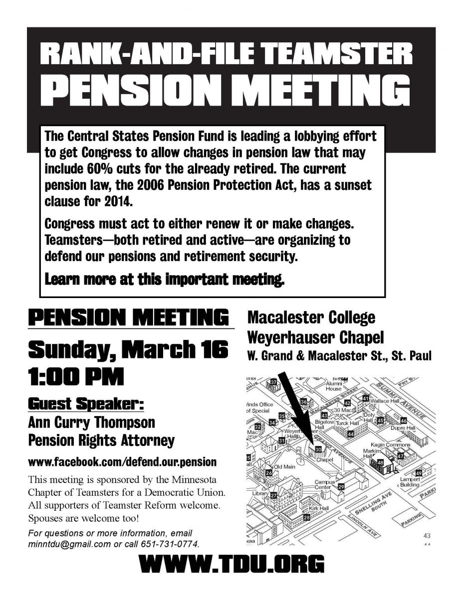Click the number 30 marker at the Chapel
pos(318,449)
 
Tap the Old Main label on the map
pos(285,467)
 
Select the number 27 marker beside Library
pos(273,495)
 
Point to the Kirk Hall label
pos(319,508)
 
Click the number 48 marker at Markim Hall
pos(380,463)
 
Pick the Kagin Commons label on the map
pos(390,445)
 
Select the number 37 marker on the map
pos(273,382)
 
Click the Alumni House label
pos(333,386)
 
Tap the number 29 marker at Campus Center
pos(341,486)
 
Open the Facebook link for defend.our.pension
pos(122,462)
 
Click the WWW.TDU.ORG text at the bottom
pos(232,565)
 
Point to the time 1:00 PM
pos(76,377)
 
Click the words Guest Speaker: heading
pos(86,403)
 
